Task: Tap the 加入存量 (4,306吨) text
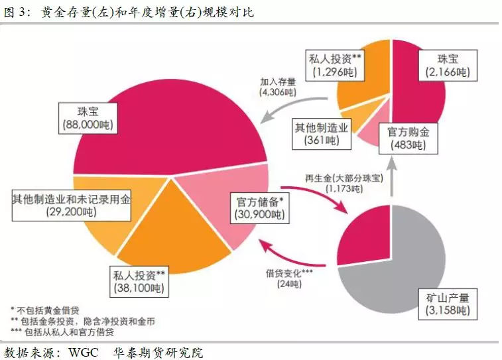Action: (x=279, y=88)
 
